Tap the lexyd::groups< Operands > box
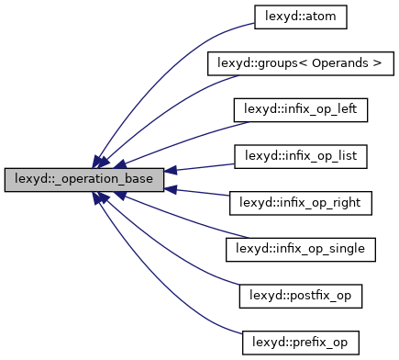[x=302, y=64]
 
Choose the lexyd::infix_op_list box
[x=302, y=156]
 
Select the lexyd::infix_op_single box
[x=302, y=248]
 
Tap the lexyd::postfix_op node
[x=302, y=295]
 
